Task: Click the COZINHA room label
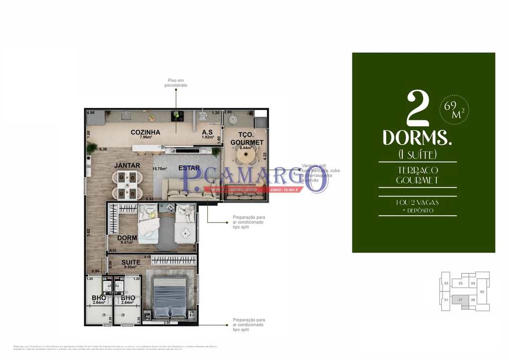point(145,132)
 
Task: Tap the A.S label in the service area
point(207,132)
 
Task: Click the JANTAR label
point(127,165)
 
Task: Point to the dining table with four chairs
point(127,184)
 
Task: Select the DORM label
point(127,238)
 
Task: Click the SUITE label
point(131,262)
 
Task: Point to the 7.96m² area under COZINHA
point(145,137)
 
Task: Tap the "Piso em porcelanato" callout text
point(176,83)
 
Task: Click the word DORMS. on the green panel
point(417,138)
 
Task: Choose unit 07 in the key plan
point(461,300)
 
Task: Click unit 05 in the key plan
point(482,291)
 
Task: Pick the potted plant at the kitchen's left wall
point(91,148)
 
